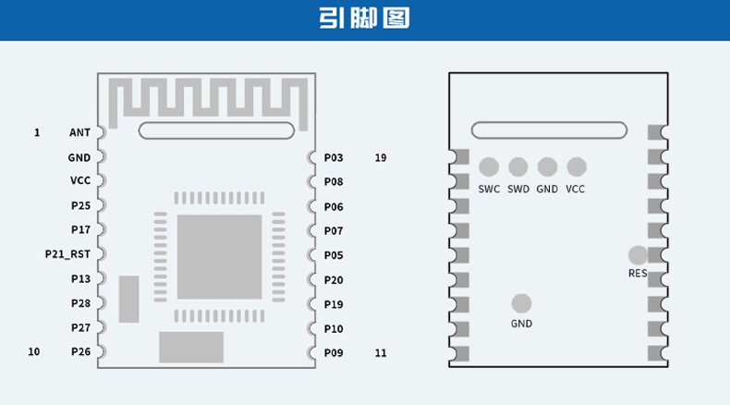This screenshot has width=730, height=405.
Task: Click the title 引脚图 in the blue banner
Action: [x=364, y=18]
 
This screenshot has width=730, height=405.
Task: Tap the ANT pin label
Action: [x=79, y=133]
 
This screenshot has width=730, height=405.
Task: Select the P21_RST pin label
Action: [x=68, y=253]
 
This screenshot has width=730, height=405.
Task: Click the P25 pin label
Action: [x=80, y=205]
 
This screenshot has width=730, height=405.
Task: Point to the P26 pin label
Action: [x=80, y=351]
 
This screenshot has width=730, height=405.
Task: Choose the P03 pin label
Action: [x=334, y=158]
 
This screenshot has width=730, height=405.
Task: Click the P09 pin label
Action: [x=334, y=352]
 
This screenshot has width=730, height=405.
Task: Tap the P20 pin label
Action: [x=334, y=279]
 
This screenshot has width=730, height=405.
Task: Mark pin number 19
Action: [x=381, y=158]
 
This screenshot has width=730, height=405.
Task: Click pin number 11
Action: [x=381, y=352]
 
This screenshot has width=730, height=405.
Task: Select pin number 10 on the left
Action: [x=34, y=351]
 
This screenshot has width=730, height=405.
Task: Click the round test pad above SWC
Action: [x=489, y=167]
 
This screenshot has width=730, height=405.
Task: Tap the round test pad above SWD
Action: [x=518, y=167]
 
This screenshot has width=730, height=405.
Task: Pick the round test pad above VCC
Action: [x=577, y=167]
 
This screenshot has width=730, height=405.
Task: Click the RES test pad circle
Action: [x=638, y=254]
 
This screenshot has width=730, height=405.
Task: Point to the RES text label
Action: [x=638, y=274]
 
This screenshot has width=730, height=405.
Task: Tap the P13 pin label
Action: [x=80, y=278]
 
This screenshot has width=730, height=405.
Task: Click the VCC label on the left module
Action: [x=79, y=181]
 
